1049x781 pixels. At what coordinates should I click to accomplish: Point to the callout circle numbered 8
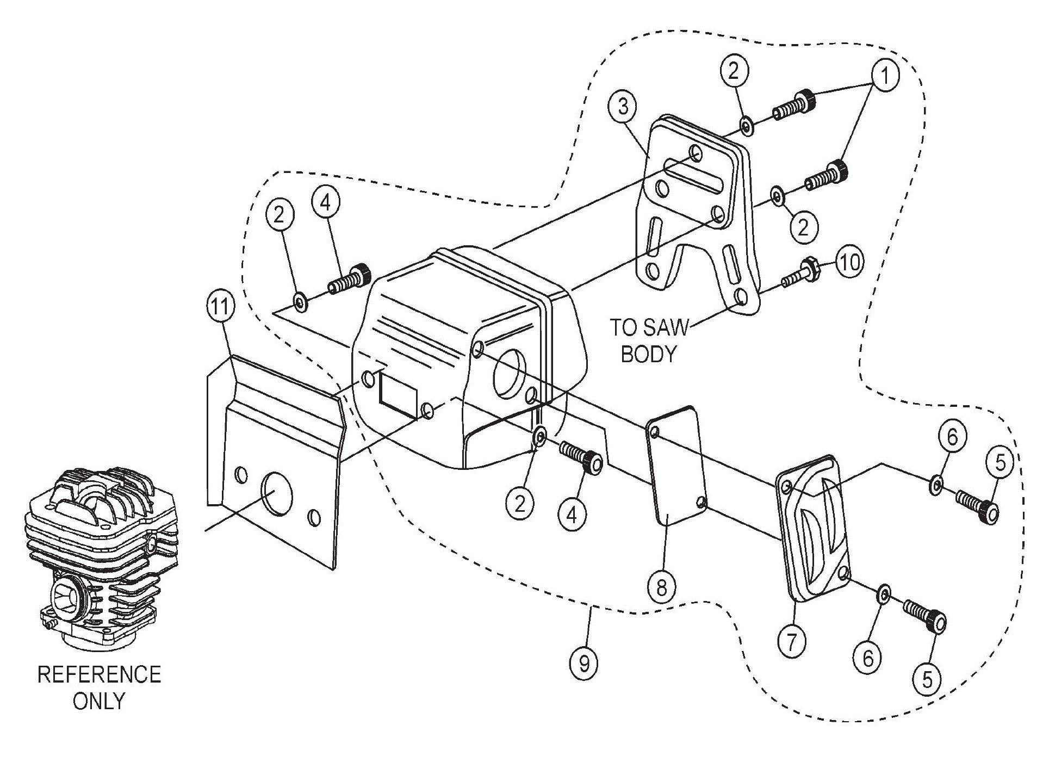pyautogui.click(x=662, y=587)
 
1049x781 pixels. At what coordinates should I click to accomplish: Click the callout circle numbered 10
pyautogui.click(x=850, y=263)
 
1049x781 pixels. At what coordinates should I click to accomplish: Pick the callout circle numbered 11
pyautogui.click(x=221, y=308)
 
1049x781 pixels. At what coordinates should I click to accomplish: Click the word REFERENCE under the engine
pyautogui.click(x=100, y=674)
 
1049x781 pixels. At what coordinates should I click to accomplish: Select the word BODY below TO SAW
pyautogui.click(x=648, y=354)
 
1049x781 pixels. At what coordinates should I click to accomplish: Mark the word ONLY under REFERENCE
pyautogui.click(x=100, y=701)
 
